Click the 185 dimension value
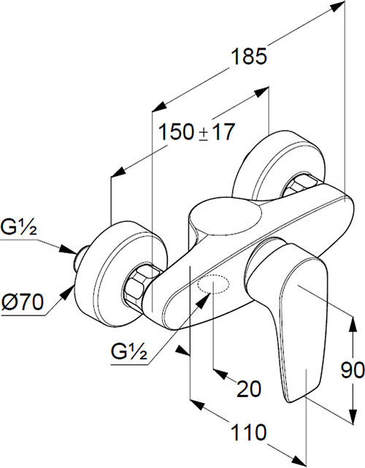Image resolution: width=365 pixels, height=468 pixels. tap(249, 56)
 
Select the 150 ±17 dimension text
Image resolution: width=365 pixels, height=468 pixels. tap(196, 131)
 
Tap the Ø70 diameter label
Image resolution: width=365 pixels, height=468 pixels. tap(23, 302)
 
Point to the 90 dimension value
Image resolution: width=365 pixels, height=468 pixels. tap(353, 370)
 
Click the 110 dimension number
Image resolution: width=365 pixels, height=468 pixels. tap(249, 432)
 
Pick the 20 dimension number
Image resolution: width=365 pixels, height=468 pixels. tap(249, 389)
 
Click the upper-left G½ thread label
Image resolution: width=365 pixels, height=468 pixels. tap(18, 227)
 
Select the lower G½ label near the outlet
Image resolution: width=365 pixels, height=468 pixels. tap(129, 352)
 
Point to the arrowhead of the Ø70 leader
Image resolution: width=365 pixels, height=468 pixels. tap(69, 291)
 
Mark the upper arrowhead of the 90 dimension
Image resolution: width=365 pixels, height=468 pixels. tap(353, 323)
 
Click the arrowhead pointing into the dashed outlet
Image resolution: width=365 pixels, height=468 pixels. tap(204, 299)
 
